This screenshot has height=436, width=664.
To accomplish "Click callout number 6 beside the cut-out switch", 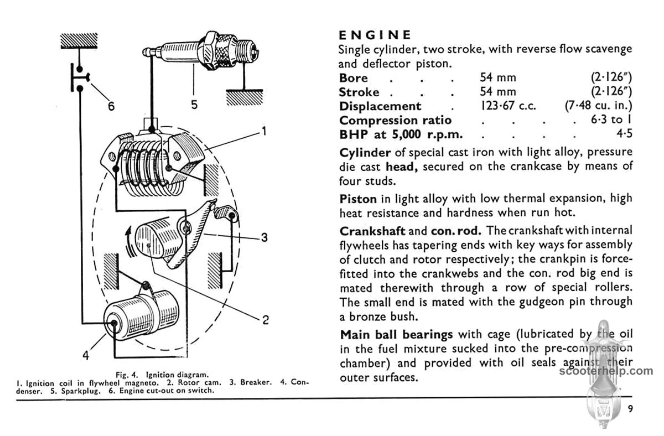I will point(111,106).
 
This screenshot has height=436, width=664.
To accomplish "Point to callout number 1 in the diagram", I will point(264,132).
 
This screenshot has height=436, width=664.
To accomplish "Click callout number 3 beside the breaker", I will point(264,238).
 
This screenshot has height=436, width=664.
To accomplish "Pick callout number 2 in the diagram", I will point(265,319).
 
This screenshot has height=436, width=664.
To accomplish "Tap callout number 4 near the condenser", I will point(86,355).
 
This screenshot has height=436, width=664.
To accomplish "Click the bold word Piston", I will point(358,198).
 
